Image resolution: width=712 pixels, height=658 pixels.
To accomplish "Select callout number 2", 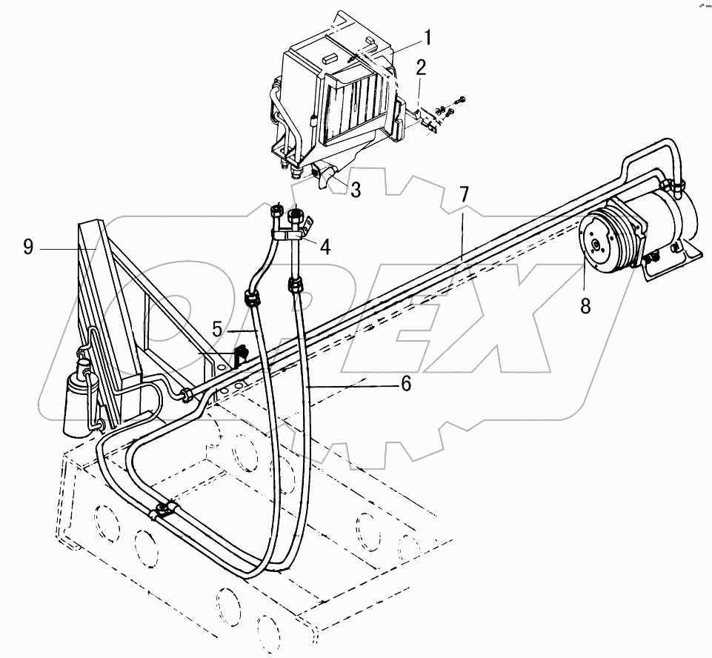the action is pyautogui.click(x=421, y=69).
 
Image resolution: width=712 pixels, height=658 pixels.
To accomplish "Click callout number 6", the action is pyautogui.click(x=405, y=384).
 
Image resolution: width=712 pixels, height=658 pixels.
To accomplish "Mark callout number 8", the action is pyautogui.click(x=585, y=305).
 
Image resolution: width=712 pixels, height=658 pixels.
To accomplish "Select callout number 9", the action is pyautogui.click(x=29, y=247).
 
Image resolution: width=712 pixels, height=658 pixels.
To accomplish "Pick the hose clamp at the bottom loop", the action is pyautogui.click(x=164, y=510).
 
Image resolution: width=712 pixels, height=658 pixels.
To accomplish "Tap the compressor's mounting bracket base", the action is pyautogui.click(x=671, y=261).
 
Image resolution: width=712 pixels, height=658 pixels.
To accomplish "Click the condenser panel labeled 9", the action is pyautogui.click(x=111, y=296).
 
